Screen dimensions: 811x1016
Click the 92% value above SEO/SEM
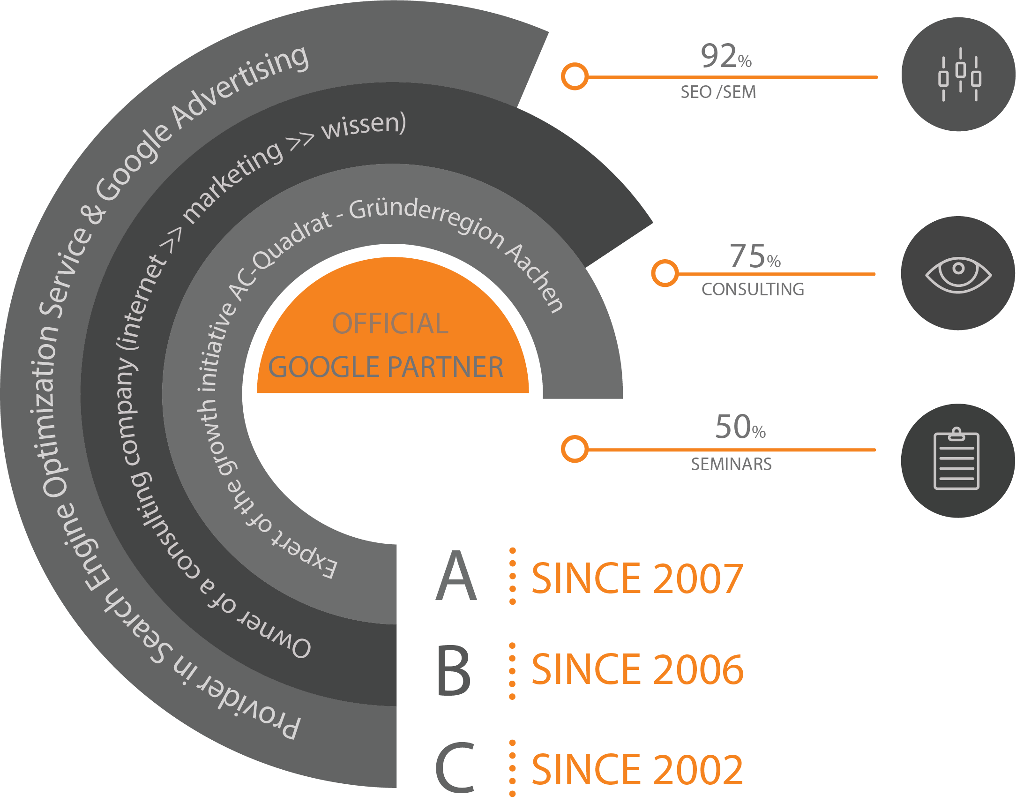[x=726, y=56]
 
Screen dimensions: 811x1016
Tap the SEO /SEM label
[x=718, y=92]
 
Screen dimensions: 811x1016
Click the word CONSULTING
[x=753, y=290]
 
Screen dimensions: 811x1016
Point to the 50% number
[x=740, y=427]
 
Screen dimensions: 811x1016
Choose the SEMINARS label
[x=731, y=465]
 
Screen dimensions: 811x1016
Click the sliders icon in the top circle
[x=959, y=75]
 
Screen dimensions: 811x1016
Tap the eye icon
[x=958, y=274]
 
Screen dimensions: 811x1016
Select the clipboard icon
[x=956, y=459]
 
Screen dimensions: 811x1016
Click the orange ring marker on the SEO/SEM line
[x=575, y=76]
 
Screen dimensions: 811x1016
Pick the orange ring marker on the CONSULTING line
[x=665, y=273]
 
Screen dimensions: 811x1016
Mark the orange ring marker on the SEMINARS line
[x=575, y=449]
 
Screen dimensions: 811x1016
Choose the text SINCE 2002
[x=637, y=769]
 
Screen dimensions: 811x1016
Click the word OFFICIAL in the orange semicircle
[x=390, y=323]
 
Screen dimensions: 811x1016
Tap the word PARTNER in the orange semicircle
[x=445, y=368]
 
